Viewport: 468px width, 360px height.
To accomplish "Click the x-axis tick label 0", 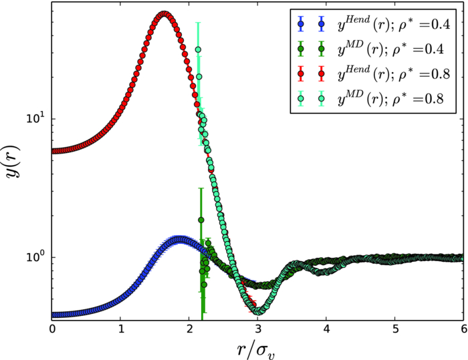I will (52, 329).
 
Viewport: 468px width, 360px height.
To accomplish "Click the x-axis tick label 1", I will (121, 329).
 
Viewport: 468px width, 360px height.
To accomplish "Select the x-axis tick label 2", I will (189, 329).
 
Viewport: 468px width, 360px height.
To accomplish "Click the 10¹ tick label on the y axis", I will (32, 118).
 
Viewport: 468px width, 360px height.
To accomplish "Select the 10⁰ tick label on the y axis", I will (32, 257).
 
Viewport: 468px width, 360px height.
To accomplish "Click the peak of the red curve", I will (164, 13).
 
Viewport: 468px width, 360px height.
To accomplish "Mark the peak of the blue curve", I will (179, 240).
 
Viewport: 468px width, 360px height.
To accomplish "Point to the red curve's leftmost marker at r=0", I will (53, 151).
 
